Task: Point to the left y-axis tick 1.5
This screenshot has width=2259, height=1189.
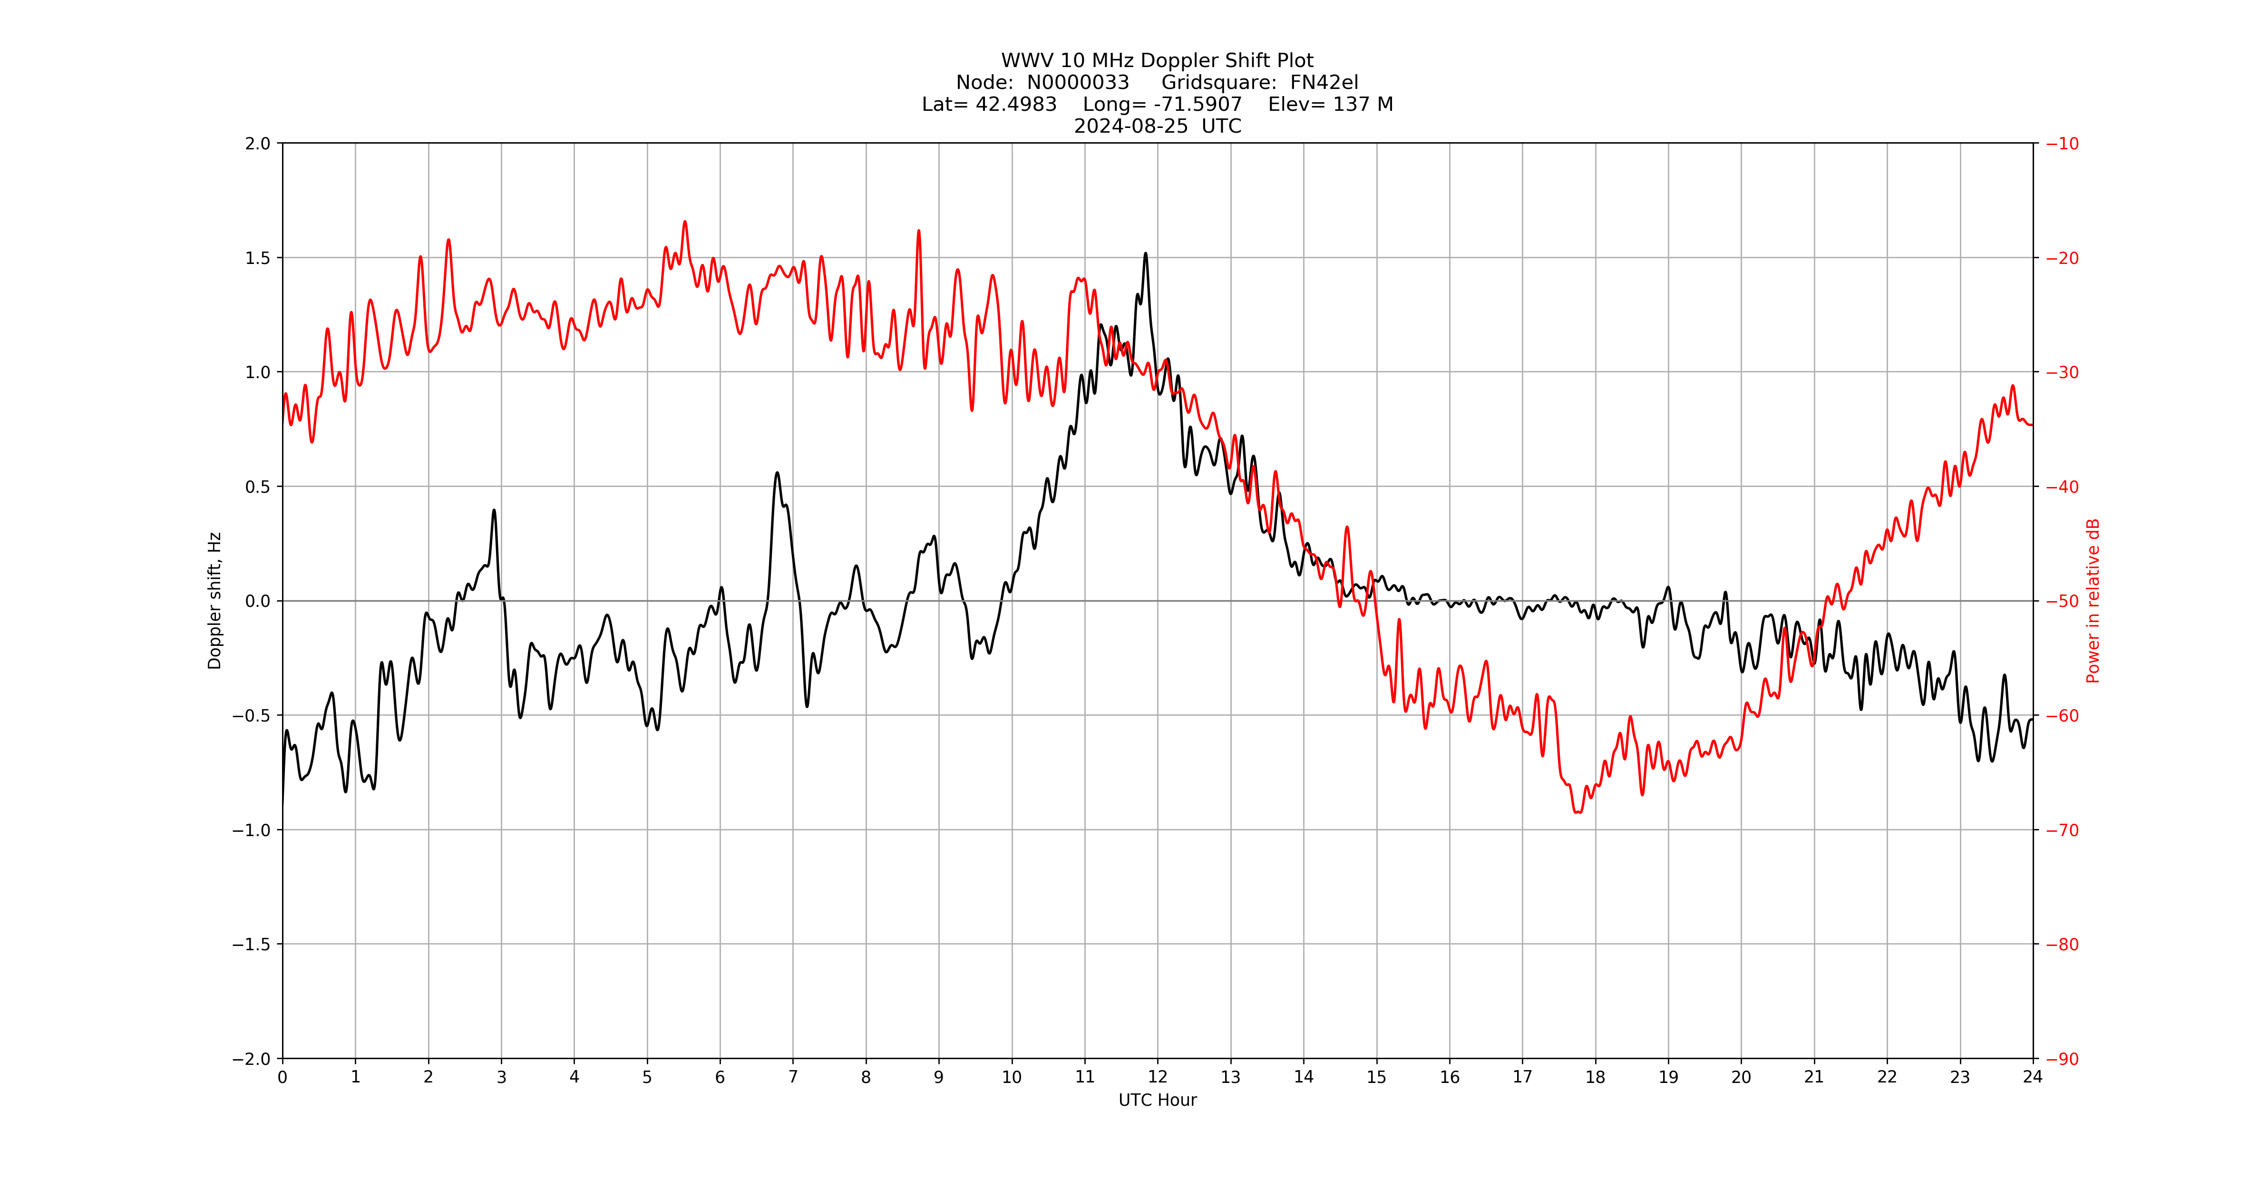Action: [258, 258]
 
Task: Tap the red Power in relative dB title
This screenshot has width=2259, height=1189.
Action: [2093, 601]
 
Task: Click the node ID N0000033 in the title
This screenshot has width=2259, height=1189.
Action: [1078, 82]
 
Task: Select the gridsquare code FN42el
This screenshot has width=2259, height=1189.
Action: [1324, 82]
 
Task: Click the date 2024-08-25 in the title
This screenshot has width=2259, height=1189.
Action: [1131, 126]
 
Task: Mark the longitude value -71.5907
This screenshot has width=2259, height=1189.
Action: [1198, 104]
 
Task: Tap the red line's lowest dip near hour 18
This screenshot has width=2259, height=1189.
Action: [1577, 812]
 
